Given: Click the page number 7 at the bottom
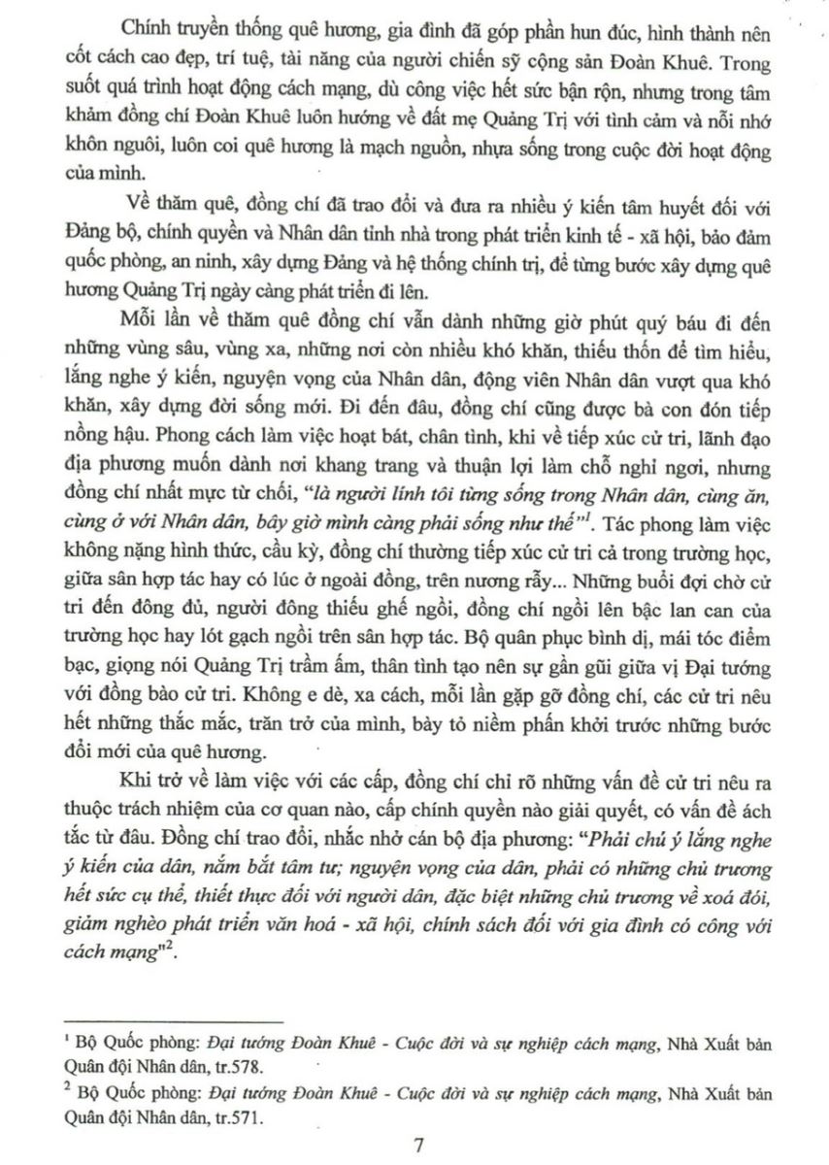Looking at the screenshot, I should tap(419, 1144).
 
